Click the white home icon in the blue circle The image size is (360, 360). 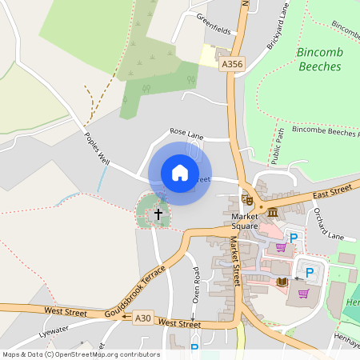180,173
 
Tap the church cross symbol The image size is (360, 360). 158,214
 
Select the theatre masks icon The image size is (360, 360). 248,198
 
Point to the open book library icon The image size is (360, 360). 282,282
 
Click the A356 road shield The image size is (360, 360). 231,63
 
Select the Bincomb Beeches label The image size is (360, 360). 320,59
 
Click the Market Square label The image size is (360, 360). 244,221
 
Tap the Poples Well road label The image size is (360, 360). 96,148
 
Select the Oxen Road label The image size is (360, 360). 195,284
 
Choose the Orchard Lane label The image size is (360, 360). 328,225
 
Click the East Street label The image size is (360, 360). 332,190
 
